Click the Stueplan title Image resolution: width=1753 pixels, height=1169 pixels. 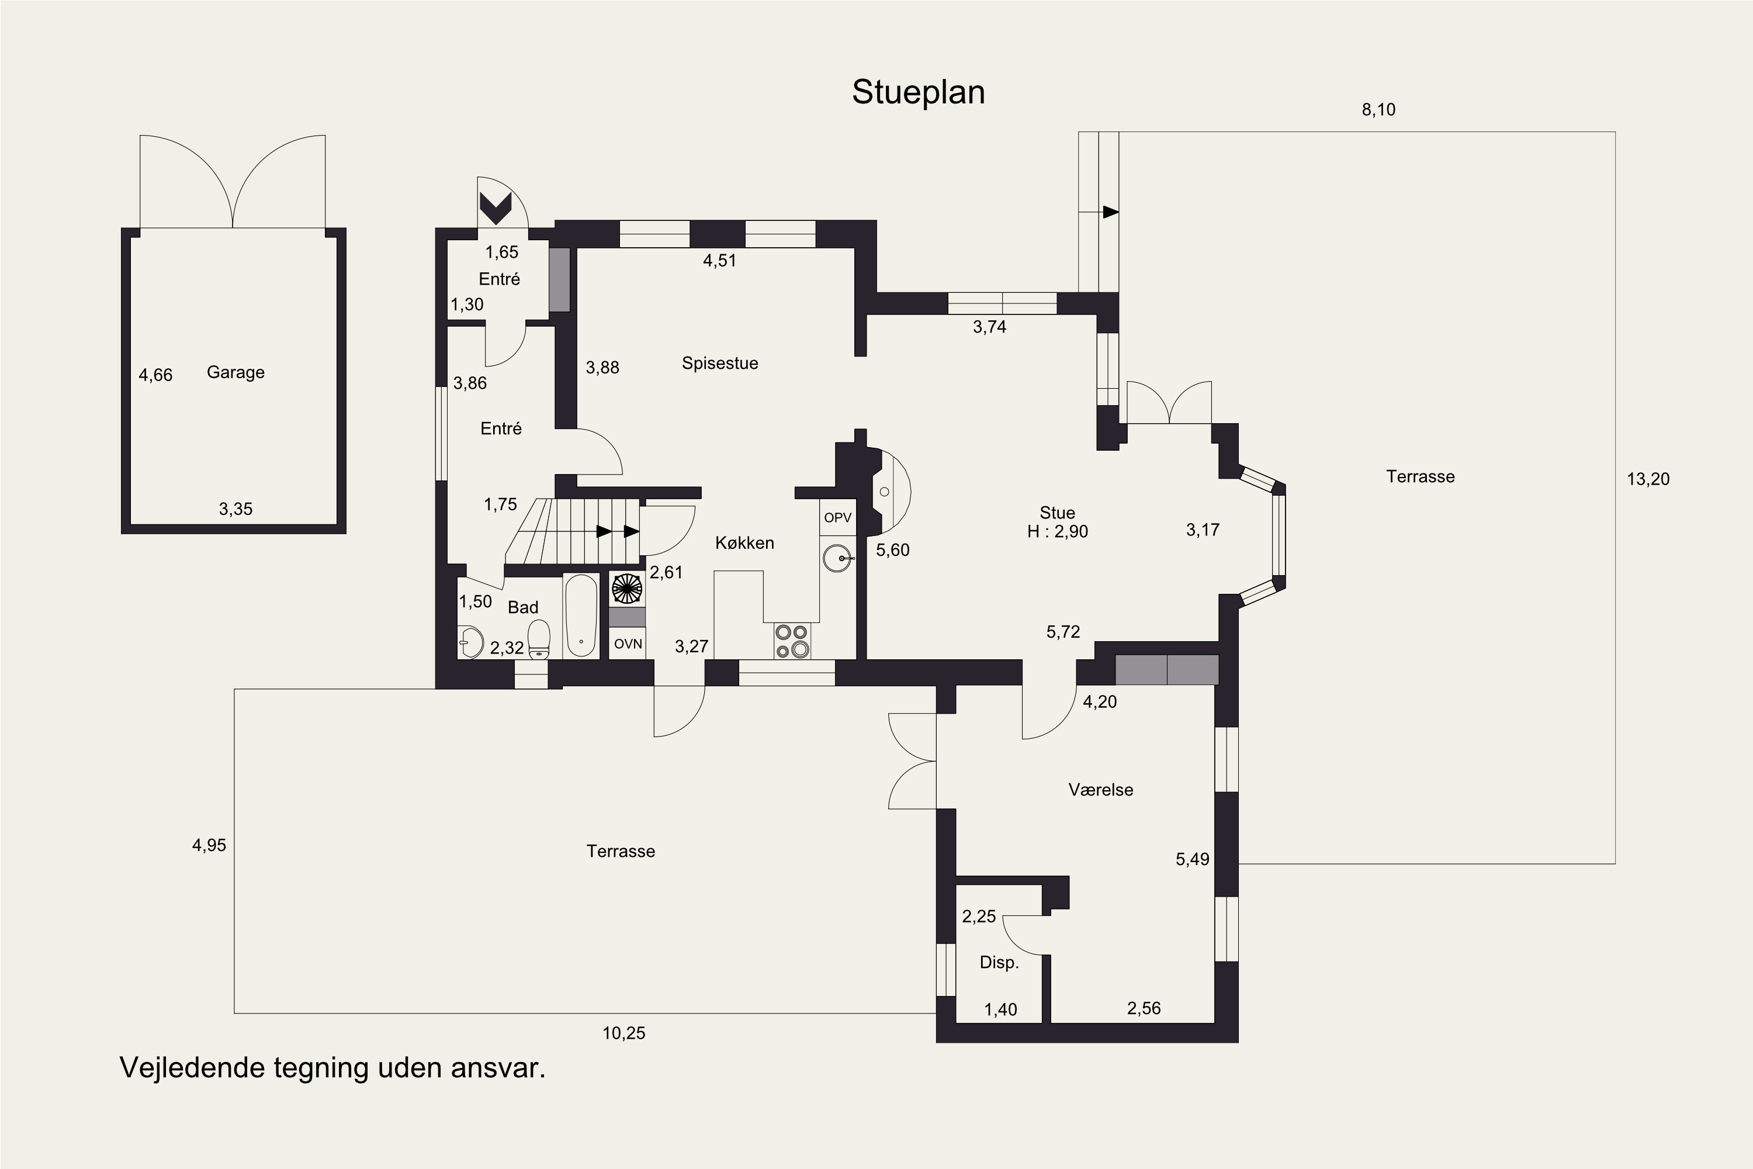918,92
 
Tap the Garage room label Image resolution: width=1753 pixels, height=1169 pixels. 235,372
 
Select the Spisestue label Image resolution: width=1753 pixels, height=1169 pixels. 720,363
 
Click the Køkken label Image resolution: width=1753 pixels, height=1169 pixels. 744,543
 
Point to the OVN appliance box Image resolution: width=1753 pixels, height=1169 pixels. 628,644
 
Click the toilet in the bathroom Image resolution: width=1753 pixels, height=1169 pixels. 538,639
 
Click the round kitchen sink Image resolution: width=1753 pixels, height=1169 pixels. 839,558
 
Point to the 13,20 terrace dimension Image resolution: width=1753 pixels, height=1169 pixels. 1648,479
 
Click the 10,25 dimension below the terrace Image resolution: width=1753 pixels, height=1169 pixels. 624,1033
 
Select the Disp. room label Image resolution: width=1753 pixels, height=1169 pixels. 999,963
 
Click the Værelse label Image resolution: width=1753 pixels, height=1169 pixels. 1101,790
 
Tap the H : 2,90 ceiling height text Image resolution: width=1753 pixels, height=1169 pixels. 1058,531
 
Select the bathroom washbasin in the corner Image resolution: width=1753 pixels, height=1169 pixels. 470,641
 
